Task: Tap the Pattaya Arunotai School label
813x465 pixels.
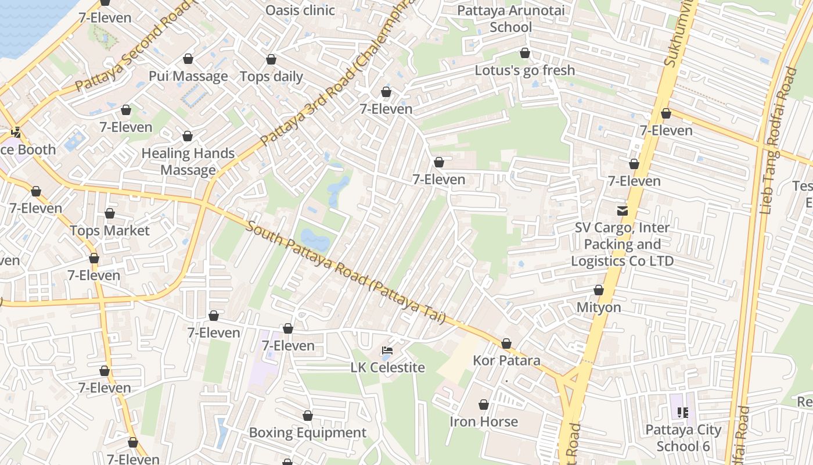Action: coord(510,19)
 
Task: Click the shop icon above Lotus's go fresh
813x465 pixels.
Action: coord(525,53)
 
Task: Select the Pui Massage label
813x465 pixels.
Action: coord(188,76)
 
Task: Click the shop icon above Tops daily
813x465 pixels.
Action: coord(271,59)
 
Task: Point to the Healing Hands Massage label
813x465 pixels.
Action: coord(188,162)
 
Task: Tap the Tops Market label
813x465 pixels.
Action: coord(110,231)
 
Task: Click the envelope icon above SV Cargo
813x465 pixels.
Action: coord(623,210)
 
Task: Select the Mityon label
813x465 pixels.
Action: coord(599,307)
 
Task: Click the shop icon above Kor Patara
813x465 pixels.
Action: coord(506,344)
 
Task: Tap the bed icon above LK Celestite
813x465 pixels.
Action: coord(387,350)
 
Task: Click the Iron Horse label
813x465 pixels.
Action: coord(484,421)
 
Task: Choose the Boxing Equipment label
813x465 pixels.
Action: coord(308,432)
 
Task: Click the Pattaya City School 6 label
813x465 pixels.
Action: coord(684,438)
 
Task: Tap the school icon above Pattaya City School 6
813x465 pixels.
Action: coord(683,413)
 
